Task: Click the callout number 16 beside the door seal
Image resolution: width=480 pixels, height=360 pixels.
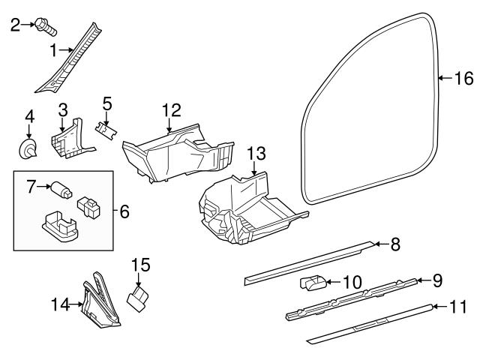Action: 465,78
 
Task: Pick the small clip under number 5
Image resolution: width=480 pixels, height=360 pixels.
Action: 107,129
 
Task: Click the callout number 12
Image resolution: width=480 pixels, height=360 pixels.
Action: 171,110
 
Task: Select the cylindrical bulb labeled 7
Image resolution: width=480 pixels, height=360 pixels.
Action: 60,188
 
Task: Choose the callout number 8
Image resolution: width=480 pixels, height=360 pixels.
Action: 395,244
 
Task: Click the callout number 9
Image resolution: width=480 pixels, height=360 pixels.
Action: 437,280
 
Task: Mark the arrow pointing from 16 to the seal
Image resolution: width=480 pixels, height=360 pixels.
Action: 445,78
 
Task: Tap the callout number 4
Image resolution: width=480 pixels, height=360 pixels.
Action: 29,117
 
